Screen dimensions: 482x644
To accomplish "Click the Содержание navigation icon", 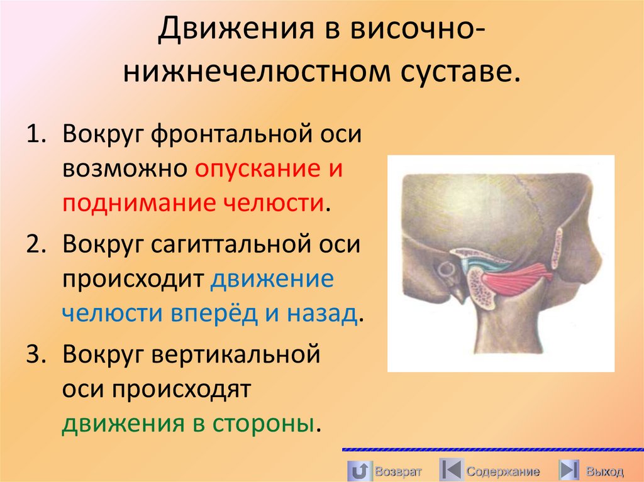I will click(450, 470).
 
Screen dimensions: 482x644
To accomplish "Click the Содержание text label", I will click(503, 471).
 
